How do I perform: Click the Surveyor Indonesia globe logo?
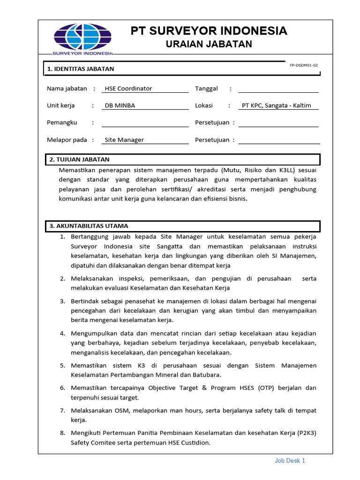(83, 39)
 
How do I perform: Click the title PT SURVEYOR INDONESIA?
(209, 31)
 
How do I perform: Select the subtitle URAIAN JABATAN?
(209, 44)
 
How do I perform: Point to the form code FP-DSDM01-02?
(304, 66)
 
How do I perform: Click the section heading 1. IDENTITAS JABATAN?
(81, 69)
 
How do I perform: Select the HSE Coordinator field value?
(128, 89)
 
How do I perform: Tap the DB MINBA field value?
(120, 105)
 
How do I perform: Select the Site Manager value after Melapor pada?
(124, 140)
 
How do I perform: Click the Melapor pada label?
(67, 140)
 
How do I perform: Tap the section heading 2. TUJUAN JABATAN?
(80, 160)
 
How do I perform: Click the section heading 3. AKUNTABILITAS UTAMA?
(89, 226)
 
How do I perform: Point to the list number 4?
(62, 333)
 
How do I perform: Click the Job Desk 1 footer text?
(290, 461)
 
